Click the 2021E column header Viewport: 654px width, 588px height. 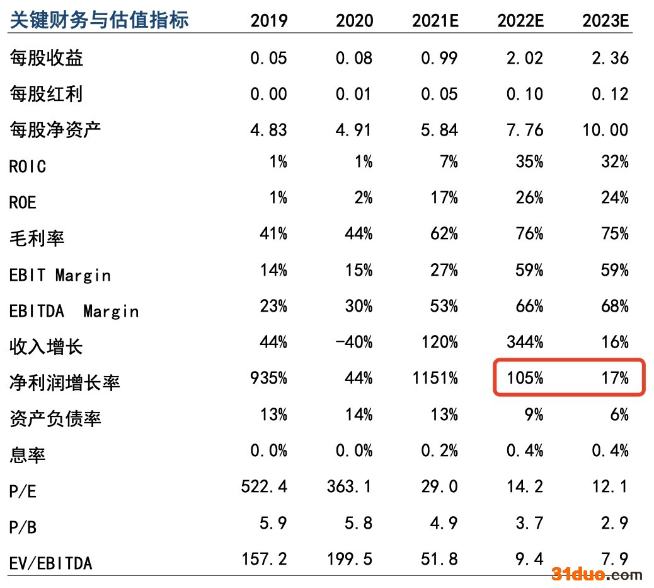pyautogui.click(x=435, y=20)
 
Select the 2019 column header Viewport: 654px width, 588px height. pyautogui.click(x=268, y=20)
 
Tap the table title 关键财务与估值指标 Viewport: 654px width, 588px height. pyautogui.click(x=99, y=20)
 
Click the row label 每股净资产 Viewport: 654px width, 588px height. pyautogui.click(x=55, y=129)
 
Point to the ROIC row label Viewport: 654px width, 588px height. pyautogui.click(x=28, y=166)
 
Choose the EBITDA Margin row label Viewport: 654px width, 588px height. pyautogui.click(x=74, y=311)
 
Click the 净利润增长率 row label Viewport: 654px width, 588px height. pyautogui.click(x=65, y=382)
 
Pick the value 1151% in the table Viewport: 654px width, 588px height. pyautogui.click(x=435, y=378)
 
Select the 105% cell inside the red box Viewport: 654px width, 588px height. pyautogui.click(x=525, y=378)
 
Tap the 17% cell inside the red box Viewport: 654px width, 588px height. pyautogui.click(x=615, y=378)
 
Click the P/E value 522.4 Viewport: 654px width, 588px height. pyautogui.click(x=265, y=486)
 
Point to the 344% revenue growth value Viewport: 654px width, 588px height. pyautogui.click(x=525, y=342)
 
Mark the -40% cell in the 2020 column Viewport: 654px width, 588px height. pyautogui.click(x=354, y=342)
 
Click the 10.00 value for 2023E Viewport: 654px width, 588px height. pyautogui.click(x=605, y=130)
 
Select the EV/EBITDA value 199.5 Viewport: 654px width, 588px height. pyautogui.click(x=350, y=559)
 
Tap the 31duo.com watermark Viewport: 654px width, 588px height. pyautogui.click(x=597, y=574)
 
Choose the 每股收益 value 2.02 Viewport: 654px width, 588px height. pyautogui.click(x=525, y=58)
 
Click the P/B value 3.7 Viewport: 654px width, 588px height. pyautogui.click(x=529, y=523)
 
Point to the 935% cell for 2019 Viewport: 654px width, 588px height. pyautogui.click(x=268, y=378)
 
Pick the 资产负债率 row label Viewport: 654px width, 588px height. pyautogui.click(x=55, y=418)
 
